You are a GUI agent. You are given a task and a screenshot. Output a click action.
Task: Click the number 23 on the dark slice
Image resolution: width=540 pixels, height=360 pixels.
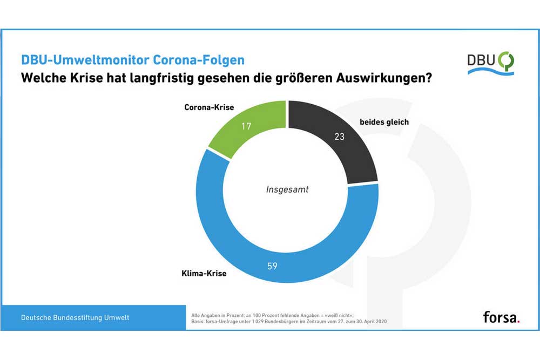pyautogui.click(x=339, y=137)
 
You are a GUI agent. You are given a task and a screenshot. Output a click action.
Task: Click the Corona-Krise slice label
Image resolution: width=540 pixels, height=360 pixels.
pyautogui.click(x=209, y=107)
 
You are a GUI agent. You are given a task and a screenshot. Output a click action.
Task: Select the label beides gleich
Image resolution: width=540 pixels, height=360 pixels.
pyautogui.click(x=384, y=122)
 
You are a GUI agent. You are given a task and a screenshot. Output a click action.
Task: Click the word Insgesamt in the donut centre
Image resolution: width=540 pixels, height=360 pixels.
pyautogui.click(x=288, y=189)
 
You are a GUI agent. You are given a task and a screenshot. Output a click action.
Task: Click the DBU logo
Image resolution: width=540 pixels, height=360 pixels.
pyautogui.click(x=490, y=63)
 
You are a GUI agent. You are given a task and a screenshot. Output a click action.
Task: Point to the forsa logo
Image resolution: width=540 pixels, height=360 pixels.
pyautogui.click(x=499, y=317)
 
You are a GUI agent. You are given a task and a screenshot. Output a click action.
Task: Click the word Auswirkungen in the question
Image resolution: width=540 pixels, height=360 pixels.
pyautogui.click(x=385, y=77)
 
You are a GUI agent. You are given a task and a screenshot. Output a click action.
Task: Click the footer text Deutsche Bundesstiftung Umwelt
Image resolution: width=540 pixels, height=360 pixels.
pyautogui.click(x=75, y=317)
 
